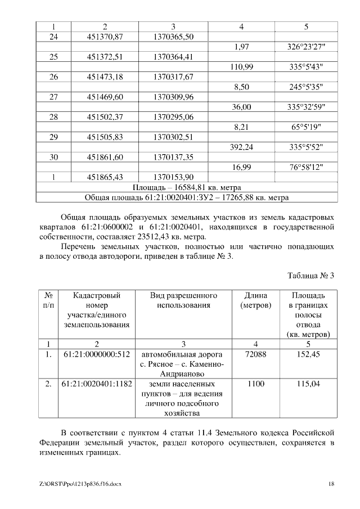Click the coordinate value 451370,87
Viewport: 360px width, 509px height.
pos(105,37)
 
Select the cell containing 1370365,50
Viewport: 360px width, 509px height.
pos(173,37)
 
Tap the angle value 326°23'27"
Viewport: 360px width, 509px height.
pos(305,47)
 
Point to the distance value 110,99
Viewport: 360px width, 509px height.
pos(241,67)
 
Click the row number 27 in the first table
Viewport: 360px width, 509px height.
pos(54,97)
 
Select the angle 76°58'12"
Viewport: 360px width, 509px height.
pos(305,167)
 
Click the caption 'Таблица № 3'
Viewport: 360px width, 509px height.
pos(310,276)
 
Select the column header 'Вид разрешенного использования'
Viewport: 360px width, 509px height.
pos(183,300)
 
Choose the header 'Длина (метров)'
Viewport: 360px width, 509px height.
pos(256,300)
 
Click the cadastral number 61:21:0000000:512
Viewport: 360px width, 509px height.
pos(96,354)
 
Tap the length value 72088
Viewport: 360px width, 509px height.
pos(256,354)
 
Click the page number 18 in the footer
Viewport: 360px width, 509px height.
pos(331,484)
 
